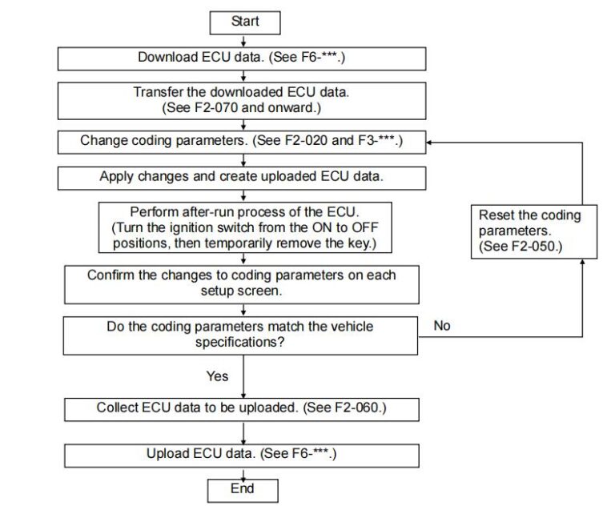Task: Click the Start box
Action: click(x=245, y=22)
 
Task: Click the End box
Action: click(x=242, y=489)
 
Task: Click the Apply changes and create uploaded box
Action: click(x=241, y=177)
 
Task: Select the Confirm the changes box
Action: click(x=241, y=283)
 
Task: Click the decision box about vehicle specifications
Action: click(x=241, y=335)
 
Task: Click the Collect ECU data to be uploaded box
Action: click(x=241, y=408)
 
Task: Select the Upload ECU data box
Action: click(x=241, y=454)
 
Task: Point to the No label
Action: click(x=441, y=326)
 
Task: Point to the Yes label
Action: click(x=216, y=375)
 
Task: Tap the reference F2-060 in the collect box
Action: click(x=357, y=408)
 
